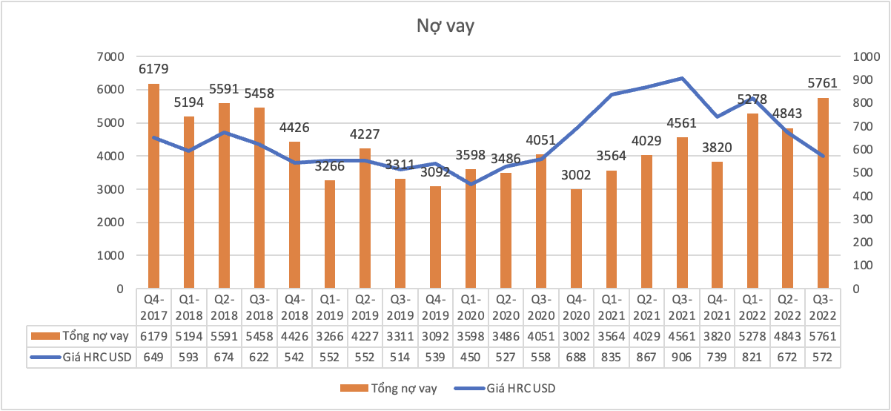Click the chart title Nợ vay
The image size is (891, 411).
coord(444,27)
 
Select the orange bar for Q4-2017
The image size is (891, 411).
coord(154,185)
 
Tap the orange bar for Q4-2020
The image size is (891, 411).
coord(576,238)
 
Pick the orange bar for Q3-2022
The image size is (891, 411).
coord(823,193)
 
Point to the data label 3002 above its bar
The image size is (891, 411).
coord(576,174)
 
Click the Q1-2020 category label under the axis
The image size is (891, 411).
coord(471,306)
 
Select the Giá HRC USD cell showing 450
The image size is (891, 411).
coord(471,358)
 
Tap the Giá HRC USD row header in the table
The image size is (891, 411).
coord(82,358)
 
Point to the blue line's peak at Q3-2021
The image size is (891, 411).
coord(682,78)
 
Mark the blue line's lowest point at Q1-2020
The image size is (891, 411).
coord(471,184)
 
